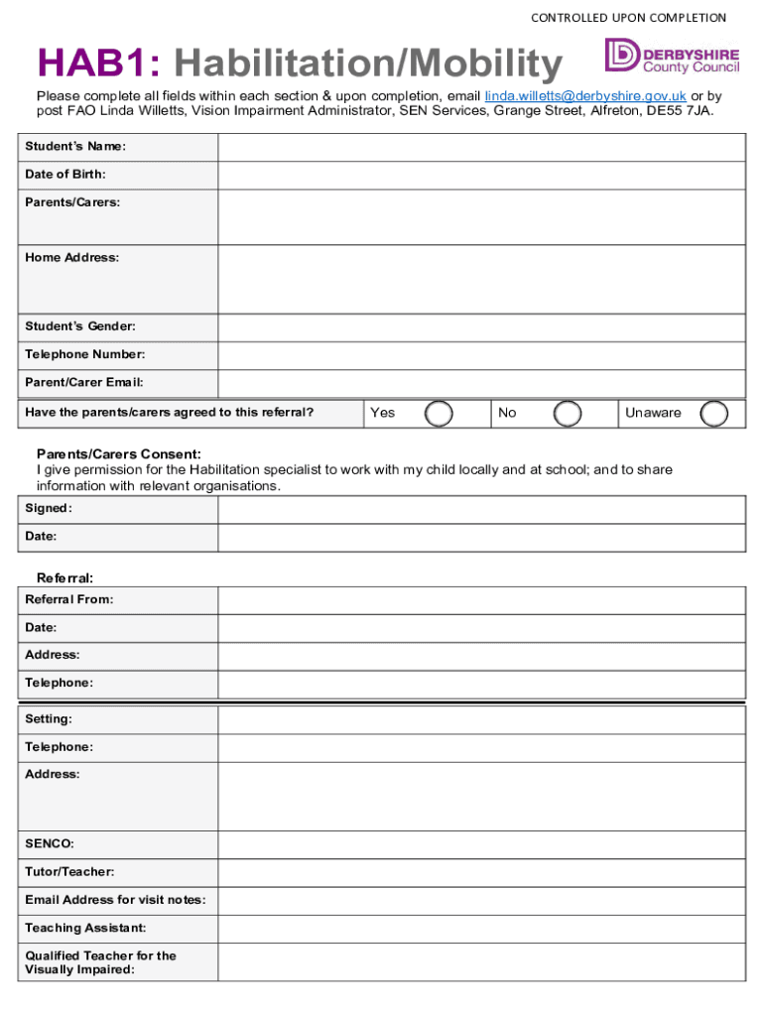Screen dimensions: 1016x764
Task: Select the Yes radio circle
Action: click(439, 414)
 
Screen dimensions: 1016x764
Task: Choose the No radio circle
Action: click(567, 414)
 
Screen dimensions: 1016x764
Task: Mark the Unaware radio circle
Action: click(713, 414)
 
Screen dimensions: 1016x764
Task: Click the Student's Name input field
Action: click(481, 147)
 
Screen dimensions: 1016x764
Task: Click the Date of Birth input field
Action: click(481, 175)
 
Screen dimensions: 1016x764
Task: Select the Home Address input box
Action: click(481, 279)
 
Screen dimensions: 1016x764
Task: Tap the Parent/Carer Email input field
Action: click(481, 383)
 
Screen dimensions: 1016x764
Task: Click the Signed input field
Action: click(481, 509)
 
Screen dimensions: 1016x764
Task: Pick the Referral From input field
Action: click(481, 600)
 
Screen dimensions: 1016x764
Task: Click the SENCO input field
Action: click(481, 844)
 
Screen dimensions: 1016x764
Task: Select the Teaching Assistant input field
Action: click(481, 929)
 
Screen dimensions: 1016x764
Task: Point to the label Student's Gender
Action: click(80, 326)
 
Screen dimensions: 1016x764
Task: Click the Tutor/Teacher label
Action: click(69, 872)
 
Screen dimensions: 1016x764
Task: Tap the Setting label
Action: click(49, 718)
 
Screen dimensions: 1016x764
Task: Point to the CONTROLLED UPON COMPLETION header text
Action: click(628, 18)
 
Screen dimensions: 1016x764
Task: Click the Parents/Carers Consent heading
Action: click(119, 453)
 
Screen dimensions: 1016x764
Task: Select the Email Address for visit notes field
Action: click(481, 901)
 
